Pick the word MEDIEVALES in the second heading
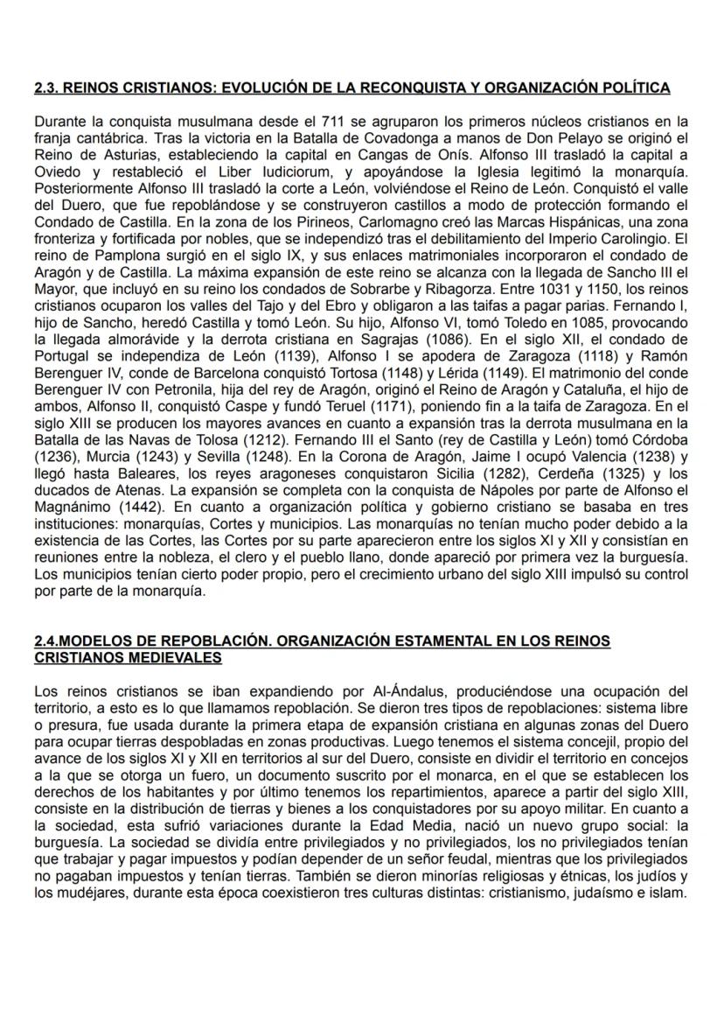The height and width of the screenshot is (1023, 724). tap(168, 656)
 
